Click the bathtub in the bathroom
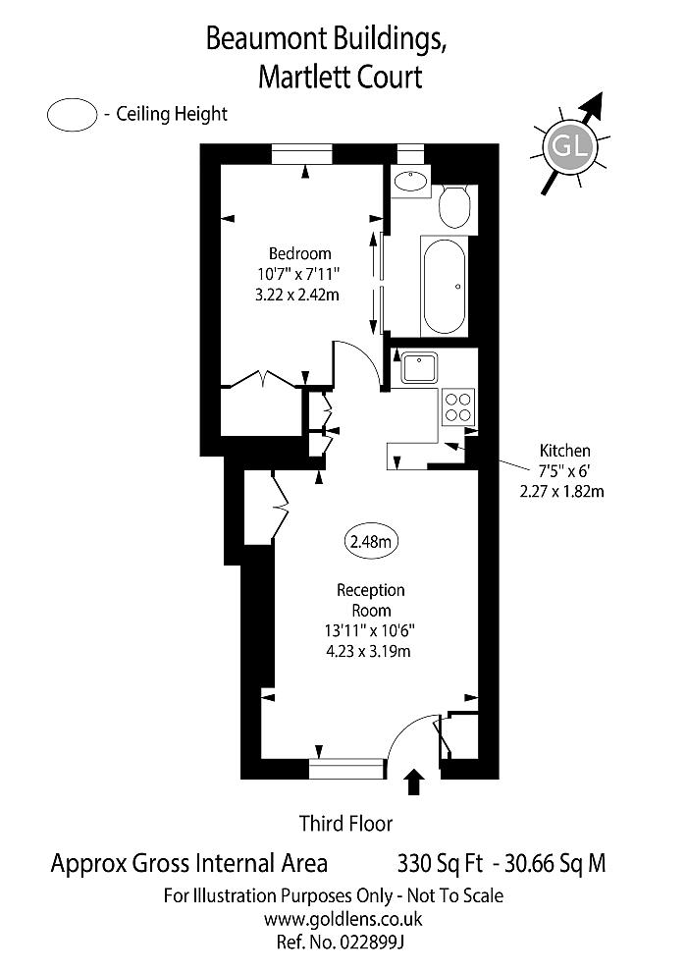[x=447, y=285]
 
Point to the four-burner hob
[x=458, y=405]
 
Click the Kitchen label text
[x=562, y=450]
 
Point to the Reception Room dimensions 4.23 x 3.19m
[x=370, y=648]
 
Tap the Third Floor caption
[x=345, y=823]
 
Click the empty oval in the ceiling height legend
[x=72, y=115]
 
